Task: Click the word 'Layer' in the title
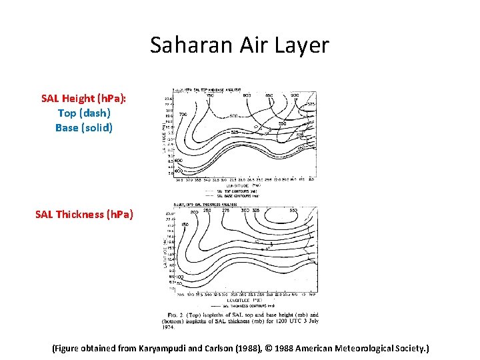[305, 45]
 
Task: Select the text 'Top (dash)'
[84, 113]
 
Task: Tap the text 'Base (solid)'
[84, 127]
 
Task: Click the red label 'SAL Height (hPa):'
[84, 99]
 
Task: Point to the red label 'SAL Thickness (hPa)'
[84, 214]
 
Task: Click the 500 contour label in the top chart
[233, 116]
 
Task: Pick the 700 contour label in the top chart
[183, 114]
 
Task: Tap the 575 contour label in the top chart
[311, 104]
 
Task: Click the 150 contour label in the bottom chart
[185, 225]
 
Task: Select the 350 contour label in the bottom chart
[293, 211]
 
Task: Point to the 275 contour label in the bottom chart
[226, 211]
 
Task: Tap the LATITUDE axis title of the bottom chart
[165, 250]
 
